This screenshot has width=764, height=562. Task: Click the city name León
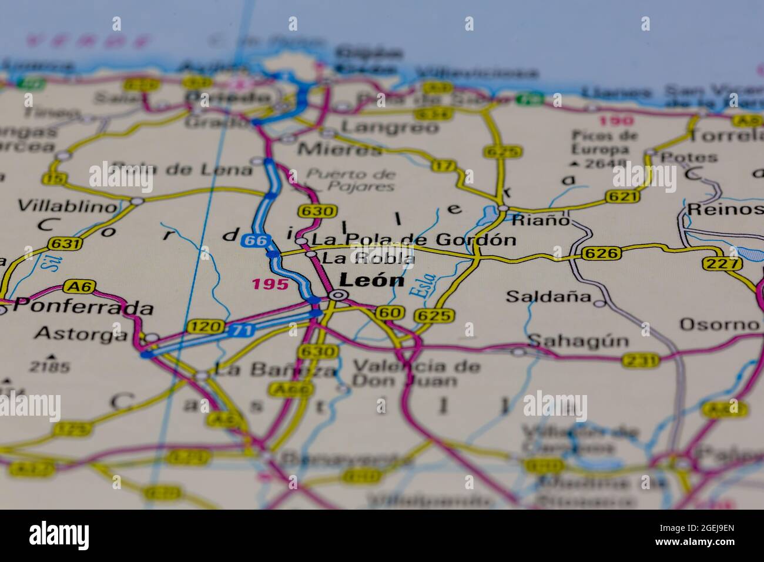click(373, 280)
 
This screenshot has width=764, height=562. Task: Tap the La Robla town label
click(368, 258)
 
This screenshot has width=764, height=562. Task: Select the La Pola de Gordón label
click(413, 239)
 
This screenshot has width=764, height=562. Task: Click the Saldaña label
click(548, 296)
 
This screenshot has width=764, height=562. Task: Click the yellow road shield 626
click(602, 253)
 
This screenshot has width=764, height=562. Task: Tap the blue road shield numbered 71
click(242, 330)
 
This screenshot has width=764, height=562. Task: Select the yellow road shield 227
click(721, 264)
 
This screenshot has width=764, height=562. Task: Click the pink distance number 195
click(270, 285)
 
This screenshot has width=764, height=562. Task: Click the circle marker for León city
click(338, 295)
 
